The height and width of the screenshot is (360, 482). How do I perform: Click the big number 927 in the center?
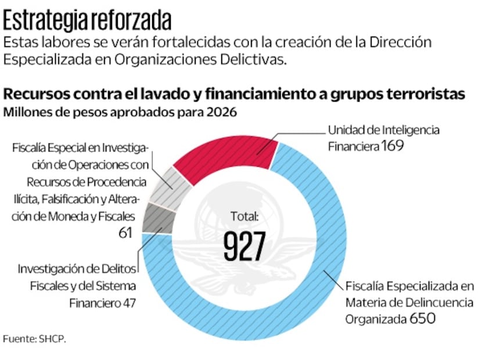244,246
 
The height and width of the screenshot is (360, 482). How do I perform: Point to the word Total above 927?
244,217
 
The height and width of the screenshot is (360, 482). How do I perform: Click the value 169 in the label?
393,146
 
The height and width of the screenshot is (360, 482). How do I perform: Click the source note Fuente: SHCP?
34,339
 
